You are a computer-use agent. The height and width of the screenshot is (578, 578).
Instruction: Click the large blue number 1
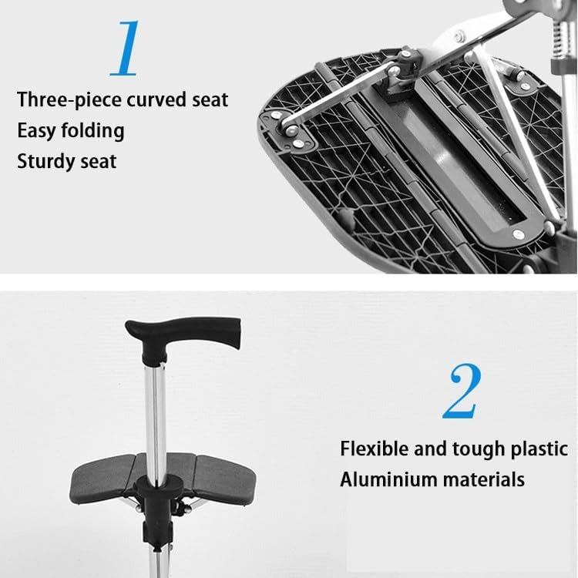[126, 47]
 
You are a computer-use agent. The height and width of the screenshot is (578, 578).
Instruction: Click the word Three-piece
[66, 100]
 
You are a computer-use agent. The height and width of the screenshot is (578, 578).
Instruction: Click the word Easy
[35, 130]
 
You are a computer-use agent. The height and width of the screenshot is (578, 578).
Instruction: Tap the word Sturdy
[47, 161]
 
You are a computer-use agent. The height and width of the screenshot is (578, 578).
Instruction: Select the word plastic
[540, 449]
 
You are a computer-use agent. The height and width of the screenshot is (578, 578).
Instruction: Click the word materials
[483, 479]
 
